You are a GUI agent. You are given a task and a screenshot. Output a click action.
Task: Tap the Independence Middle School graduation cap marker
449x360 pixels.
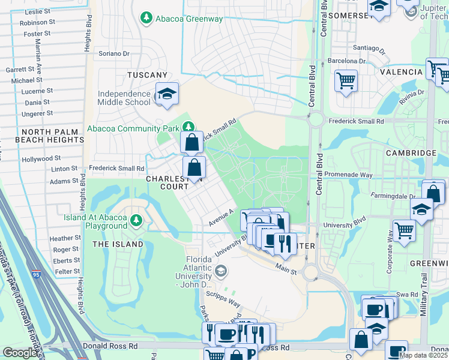(166, 94)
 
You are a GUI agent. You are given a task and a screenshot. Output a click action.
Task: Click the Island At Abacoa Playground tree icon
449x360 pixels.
(136, 220)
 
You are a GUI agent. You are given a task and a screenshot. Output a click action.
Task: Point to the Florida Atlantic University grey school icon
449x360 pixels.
(221, 271)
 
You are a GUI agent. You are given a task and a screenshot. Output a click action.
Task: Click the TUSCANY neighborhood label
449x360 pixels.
(147, 75)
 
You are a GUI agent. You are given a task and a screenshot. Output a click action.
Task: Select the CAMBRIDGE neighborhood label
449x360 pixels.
(411, 153)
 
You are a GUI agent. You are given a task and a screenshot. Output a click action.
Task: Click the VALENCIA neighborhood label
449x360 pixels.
(401, 72)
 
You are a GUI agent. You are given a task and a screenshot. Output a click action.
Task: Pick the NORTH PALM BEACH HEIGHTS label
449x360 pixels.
(53, 136)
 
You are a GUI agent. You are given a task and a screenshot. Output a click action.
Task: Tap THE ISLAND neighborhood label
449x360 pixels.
(118, 244)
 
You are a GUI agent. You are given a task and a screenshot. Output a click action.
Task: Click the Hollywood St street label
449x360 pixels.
(41, 159)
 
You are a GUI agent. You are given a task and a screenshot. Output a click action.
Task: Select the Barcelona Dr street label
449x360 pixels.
(346, 61)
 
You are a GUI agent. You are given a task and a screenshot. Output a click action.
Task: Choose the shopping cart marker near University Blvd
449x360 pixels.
(405, 229)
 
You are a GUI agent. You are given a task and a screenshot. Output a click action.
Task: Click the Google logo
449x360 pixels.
(20, 353)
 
